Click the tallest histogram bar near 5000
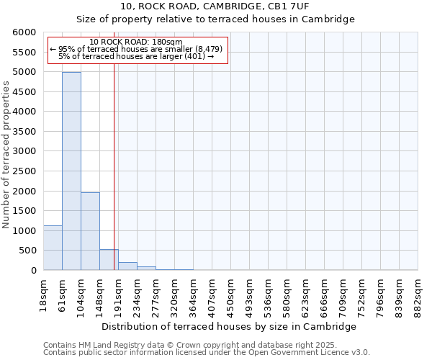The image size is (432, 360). (71, 171)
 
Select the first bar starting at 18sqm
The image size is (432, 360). (53, 248)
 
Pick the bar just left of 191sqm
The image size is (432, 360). (109, 260)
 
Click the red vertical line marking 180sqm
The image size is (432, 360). (114, 158)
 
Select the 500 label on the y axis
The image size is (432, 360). (29, 251)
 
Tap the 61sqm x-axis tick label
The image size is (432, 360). (63, 294)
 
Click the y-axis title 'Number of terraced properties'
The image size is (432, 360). (6, 155)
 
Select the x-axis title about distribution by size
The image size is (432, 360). (229, 326)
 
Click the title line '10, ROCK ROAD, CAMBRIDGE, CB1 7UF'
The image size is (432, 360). (215, 6)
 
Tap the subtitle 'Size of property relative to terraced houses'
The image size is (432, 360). (215, 19)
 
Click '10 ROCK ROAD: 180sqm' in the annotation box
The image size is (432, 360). (137, 42)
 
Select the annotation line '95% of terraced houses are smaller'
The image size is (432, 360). (137, 49)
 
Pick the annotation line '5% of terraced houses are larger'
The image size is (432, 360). (137, 56)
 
